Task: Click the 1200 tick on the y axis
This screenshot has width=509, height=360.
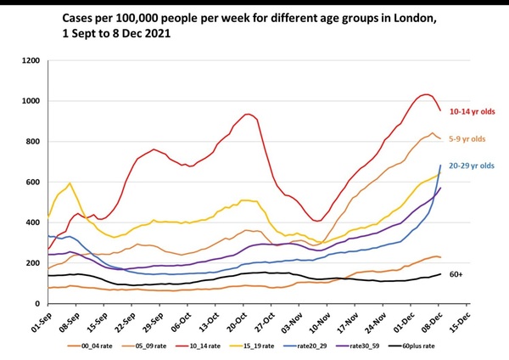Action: [31, 61]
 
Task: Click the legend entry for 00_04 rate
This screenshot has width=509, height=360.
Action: [101, 346]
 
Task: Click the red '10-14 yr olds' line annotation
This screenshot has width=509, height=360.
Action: [473, 111]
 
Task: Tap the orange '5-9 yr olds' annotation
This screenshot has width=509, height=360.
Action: [469, 138]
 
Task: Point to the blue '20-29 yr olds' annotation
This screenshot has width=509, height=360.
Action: [473, 166]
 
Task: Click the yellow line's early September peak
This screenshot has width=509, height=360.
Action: [70, 183]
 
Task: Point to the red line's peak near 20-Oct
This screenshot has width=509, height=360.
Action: [247, 114]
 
